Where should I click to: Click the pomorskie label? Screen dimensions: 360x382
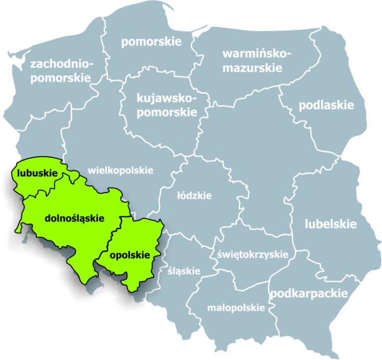click(151, 41)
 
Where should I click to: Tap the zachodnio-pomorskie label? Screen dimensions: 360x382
click(61, 71)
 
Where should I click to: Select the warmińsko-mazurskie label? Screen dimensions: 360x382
click(252, 61)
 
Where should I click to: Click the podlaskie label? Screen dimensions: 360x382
click(326, 105)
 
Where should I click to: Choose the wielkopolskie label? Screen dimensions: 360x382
click(120, 171)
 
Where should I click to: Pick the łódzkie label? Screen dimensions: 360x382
click(194, 195)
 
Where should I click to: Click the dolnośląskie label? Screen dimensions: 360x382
click(74, 218)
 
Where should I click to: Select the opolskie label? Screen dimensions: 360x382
click(129, 255)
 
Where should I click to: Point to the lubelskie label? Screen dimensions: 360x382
click(331, 224)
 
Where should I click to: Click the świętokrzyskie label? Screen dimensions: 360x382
click(253, 255)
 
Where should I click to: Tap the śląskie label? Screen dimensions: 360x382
click(184, 271)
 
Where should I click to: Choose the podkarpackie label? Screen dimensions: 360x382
click(308, 293)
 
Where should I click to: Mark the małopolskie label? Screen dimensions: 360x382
click(236, 308)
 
